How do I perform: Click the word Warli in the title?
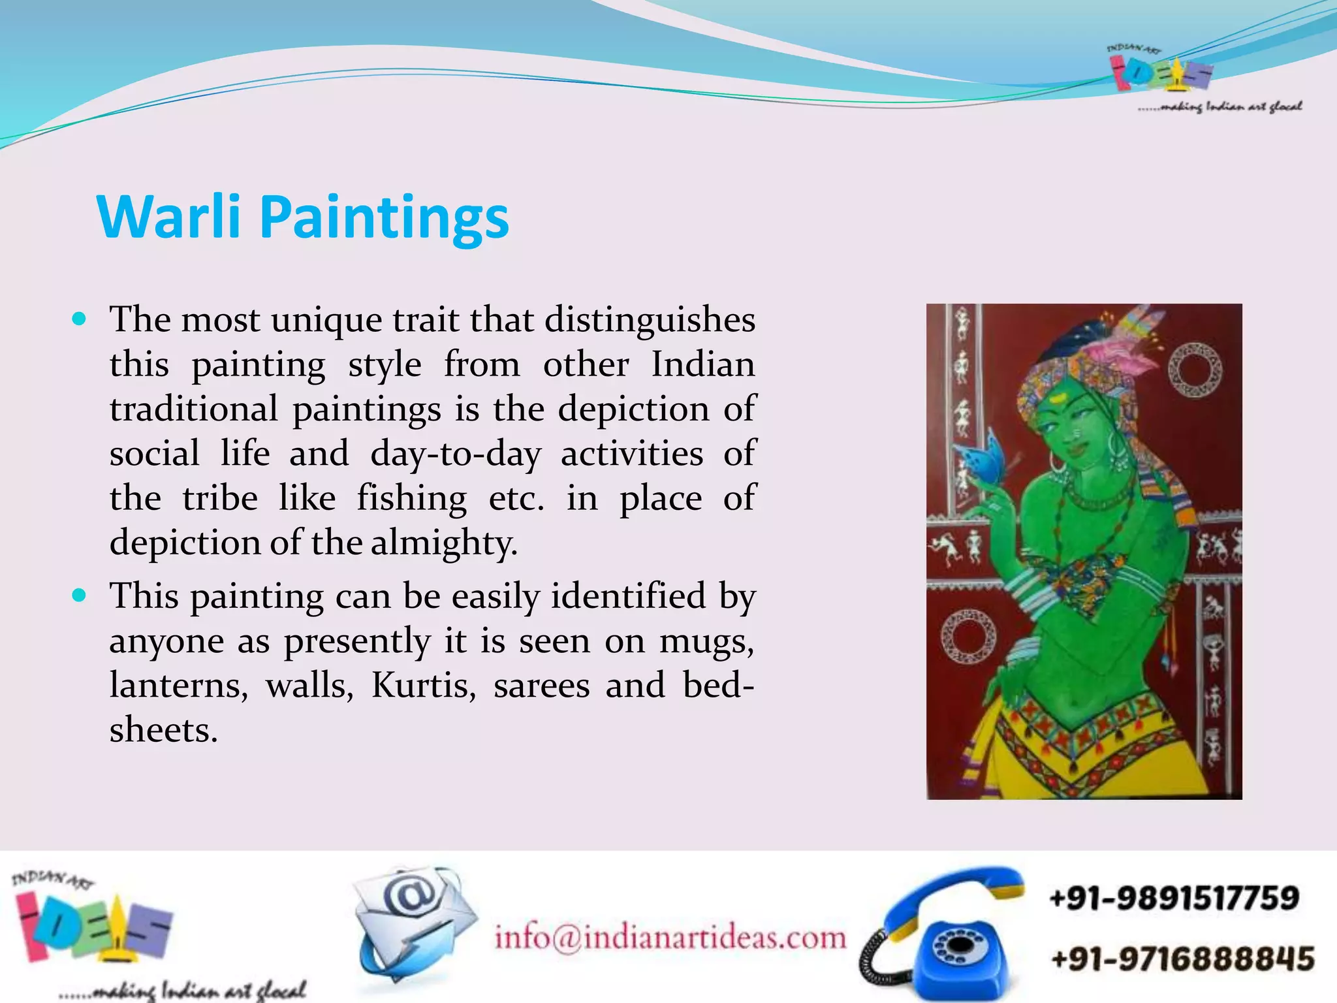[x=168, y=217]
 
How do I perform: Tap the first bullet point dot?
[x=80, y=320]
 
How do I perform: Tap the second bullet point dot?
[x=80, y=596]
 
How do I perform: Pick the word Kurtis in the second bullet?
[x=424, y=685]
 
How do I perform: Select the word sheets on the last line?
[x=163, y=730]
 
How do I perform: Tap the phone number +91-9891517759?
[x=1174, y=898]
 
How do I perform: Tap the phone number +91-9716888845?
[x=1182, y=959]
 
